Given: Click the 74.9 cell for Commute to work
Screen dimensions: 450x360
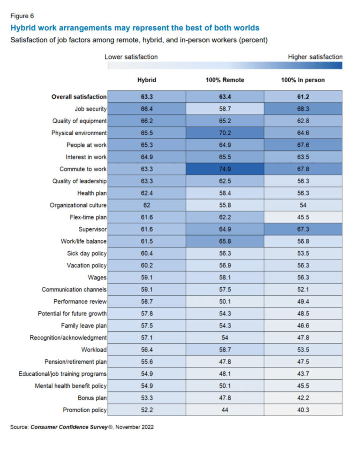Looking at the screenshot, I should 225,169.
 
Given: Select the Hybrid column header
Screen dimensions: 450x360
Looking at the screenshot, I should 147,80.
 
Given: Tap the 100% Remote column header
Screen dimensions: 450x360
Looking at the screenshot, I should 225,80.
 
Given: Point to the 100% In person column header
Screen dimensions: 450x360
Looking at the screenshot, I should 303,80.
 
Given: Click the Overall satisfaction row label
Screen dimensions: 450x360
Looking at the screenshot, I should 79,97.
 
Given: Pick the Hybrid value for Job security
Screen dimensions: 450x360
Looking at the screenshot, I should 147,109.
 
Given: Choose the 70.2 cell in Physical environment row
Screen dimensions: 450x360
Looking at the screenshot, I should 225,133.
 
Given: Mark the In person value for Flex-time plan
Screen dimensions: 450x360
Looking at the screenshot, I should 303,217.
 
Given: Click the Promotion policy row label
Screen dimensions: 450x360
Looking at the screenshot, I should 85,410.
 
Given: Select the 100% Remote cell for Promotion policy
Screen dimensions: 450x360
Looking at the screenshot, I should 225,410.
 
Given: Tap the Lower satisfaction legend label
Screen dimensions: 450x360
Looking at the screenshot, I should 131,57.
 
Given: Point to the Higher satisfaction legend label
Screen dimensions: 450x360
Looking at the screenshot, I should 315,57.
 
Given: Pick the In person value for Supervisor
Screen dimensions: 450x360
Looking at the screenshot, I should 303,229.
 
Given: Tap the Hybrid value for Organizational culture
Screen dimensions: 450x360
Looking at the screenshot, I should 147,205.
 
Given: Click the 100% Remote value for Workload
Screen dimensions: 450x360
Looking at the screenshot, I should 225,350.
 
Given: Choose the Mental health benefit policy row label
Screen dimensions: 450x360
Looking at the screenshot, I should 71,386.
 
